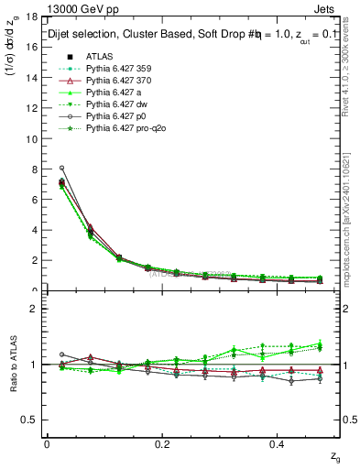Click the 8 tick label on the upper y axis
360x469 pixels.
(35, 169)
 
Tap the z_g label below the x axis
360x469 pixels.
(336, 455)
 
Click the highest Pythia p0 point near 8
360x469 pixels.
(61, 169)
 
